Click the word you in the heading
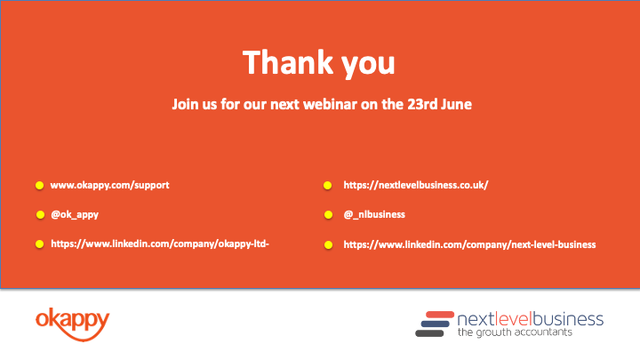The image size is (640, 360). [x=368, y=65]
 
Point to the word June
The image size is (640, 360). [x=456, y=104]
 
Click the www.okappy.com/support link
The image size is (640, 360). [x=109, y=185]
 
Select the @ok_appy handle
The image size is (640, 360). [x=75, y=215]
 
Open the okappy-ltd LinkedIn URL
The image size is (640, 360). [x=160, y=244]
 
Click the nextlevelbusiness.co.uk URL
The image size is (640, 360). [x=416, y=185]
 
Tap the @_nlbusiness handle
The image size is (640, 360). [x=374, y=215]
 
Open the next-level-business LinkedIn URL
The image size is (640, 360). [x=469, y=244]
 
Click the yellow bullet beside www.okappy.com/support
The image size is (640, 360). [x=40, y=186]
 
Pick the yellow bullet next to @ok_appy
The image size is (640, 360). [x=40, y=215]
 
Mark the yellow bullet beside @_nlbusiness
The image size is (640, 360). [x=328, y=215]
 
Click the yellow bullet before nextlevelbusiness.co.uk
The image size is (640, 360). [x=327, y=186]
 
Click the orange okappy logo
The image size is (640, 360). [x=73, y=324]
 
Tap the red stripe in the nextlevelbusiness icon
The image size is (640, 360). [x=440, y=315]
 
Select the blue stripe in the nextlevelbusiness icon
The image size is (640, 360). [x=435, y=324]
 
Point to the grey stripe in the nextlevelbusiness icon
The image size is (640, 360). [x=429, y=333]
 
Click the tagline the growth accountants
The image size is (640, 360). [x=515, y=332]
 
